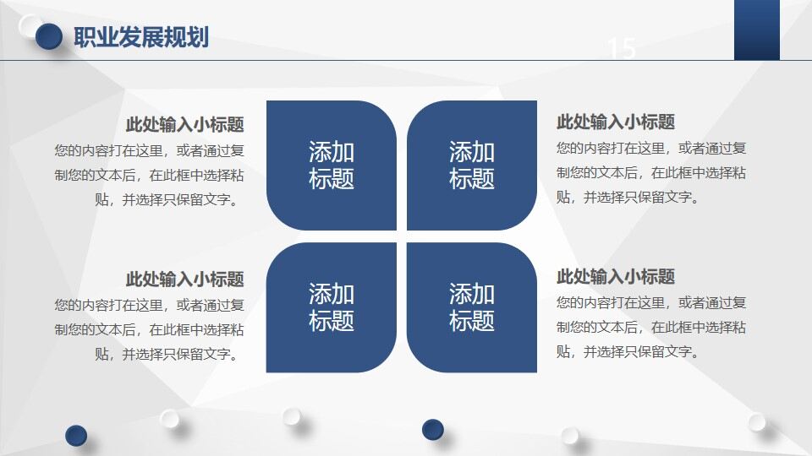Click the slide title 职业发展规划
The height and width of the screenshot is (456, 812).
[141, 38]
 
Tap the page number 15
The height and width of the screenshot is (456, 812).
[622, 49]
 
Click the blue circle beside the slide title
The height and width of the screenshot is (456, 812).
[50, 35]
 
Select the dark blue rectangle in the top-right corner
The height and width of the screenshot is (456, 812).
[756, 30]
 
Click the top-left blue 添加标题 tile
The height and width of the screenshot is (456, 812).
[332, 166]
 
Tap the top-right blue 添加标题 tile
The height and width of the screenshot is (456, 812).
[472, 166]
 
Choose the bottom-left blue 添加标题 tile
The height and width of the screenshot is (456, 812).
[332, 307]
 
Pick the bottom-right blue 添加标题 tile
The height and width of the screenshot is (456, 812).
[472, 307]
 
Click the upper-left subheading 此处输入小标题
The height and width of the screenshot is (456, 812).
[184, 125]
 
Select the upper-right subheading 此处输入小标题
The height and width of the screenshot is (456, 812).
[616, 122]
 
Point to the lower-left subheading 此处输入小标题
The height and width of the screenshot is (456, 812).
[184, 279]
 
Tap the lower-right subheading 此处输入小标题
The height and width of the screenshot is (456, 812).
[616, 276]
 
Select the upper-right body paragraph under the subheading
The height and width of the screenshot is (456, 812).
[651, 172]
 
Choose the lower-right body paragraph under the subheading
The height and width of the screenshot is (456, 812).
[651, 327]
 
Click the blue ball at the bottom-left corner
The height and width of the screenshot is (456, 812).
[76, 435]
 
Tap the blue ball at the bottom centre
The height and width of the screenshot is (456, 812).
[433, 429]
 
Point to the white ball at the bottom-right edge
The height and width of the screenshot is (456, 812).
[756, 421]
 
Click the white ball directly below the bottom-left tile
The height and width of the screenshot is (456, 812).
[292, 415]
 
